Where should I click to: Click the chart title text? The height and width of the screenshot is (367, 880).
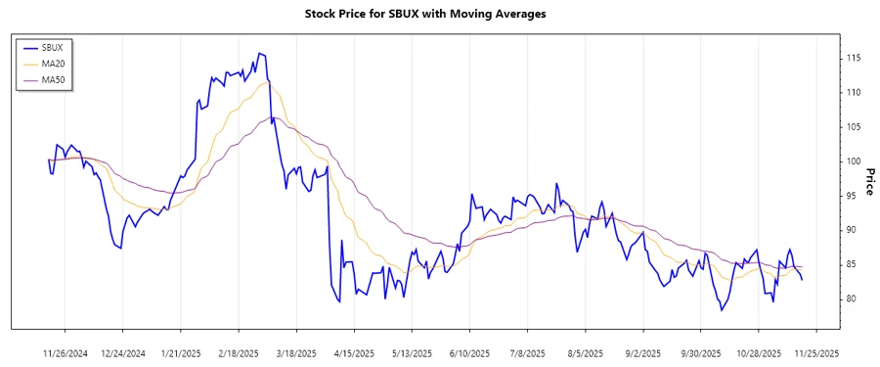(x=439, y=14)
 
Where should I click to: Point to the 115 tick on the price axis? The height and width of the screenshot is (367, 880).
(x=854, y=59)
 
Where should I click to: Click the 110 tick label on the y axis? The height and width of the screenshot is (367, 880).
(x=854, y=93)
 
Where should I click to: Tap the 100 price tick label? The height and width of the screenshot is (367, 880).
(x=854, y=161)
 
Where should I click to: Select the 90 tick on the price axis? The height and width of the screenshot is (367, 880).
(x=852, y=230)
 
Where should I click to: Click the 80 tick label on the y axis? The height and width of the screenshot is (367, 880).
(x=852, y=298)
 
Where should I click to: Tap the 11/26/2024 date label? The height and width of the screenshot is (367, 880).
(x=66, y=352)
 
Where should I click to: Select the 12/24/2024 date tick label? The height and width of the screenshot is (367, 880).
(x=123, y=352)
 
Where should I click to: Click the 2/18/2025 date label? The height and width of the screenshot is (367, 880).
(x=239, y=352)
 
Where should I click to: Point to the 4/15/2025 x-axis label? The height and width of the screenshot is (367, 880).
(x=354, y=352)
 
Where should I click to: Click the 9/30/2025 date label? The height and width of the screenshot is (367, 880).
(x=700, y=352)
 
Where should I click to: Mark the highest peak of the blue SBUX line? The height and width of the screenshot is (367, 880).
(x=259, y=53)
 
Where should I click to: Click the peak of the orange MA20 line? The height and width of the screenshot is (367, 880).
(x=265, y=82)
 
